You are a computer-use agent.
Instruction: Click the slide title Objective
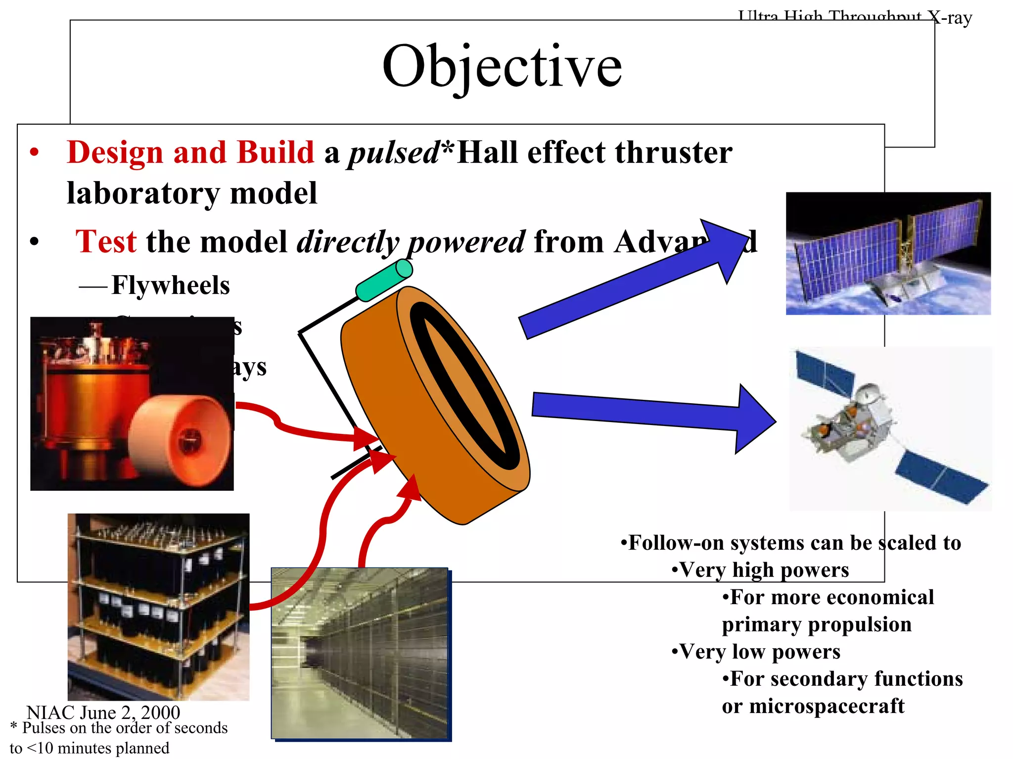click(x=502, y=66)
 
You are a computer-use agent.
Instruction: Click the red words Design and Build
click(x=190, y=152)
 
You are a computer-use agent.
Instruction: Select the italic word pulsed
click(x=394, y=152)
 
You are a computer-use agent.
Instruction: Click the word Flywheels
click(x=170, y=285)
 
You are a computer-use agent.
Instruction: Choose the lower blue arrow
click(x=653, y=411)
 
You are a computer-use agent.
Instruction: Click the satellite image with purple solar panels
click(x=888, y=253)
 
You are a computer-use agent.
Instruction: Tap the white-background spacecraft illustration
click(x=890, y=428)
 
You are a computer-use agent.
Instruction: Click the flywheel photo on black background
click(x=132, y=404)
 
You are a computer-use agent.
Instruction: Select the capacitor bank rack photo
click(x=158, y=607)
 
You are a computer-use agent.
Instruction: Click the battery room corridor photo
click(x=360, y=653)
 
